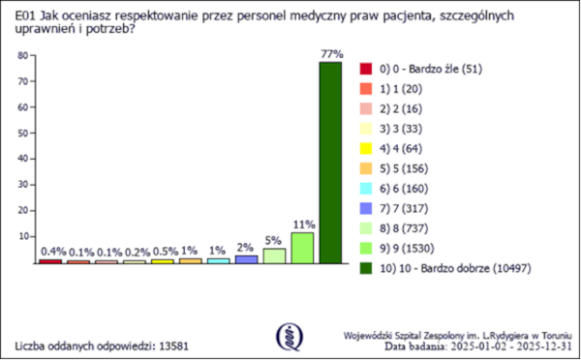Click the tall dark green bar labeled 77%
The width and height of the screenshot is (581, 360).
(330, 163)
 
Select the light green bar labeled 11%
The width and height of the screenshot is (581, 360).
(302, 248)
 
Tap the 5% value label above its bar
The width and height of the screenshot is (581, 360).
(274, 239)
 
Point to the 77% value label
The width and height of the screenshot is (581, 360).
(330, 53)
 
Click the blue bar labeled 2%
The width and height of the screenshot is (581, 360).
(246, 259)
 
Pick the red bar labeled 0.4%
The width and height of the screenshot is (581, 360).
(50, 261)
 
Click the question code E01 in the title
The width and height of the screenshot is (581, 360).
(26, 16)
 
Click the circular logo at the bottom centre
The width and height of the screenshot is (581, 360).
(289, 335)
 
